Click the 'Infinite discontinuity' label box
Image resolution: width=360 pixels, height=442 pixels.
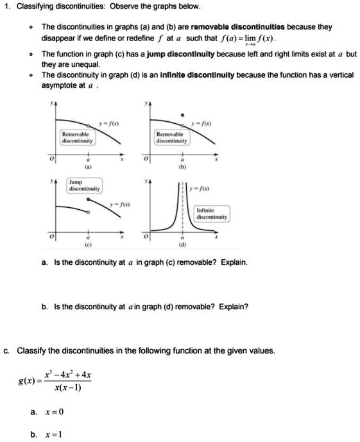(x=210, y=213)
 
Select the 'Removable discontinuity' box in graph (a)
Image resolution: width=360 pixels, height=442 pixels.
(x=77, y=136)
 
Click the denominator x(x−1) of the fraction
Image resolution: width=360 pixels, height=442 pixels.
(x=67, y=388)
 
